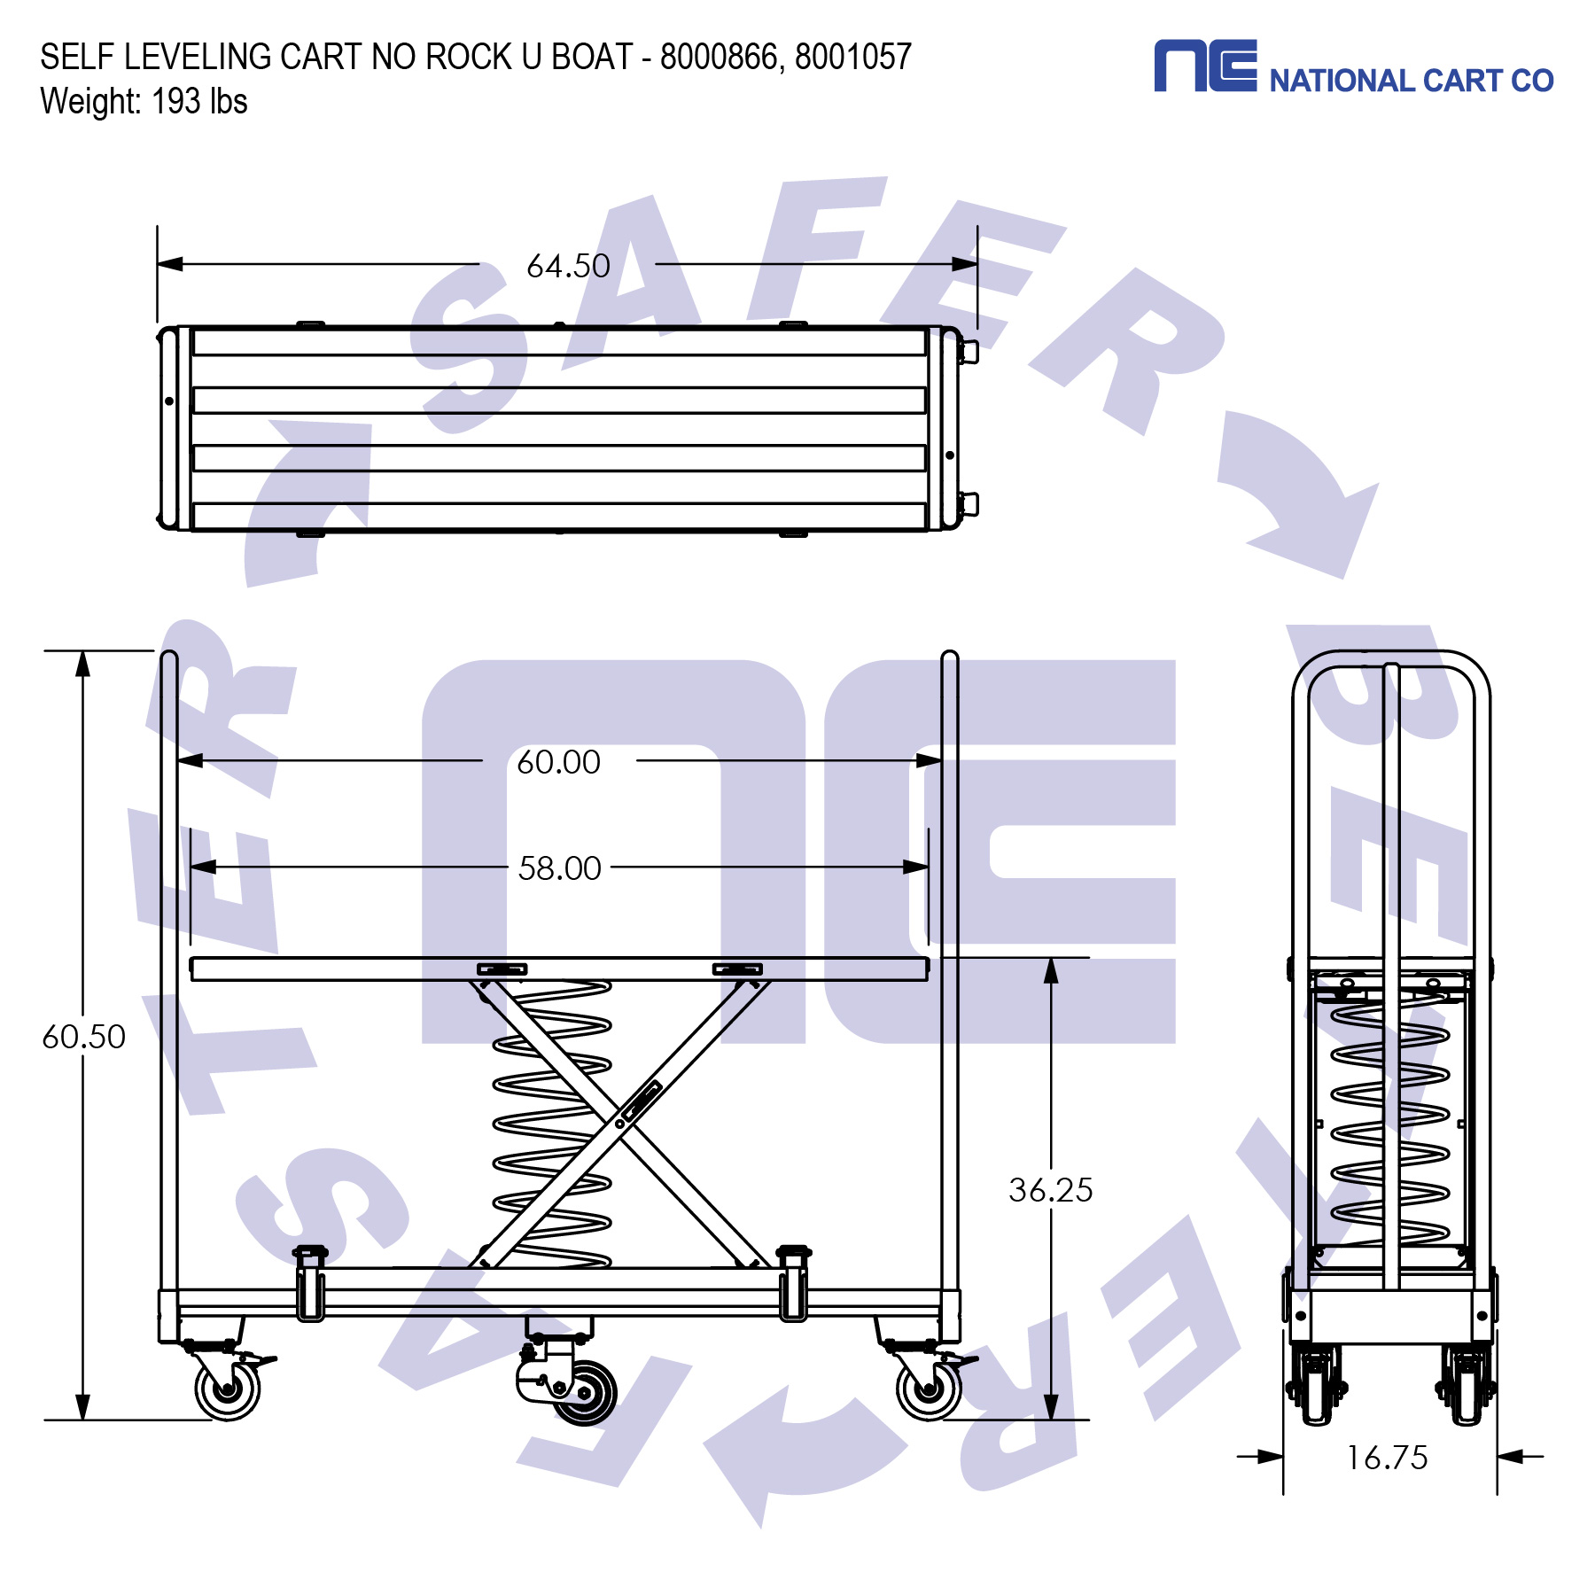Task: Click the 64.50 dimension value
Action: coord(568,266)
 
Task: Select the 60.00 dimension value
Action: coord(558,762)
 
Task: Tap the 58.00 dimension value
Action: coord(559,868)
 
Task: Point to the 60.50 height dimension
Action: coord(83,1037)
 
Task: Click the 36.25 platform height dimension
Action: coord(1050,1190)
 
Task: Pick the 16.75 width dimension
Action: coord(1387,1458)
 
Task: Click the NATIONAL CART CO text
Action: coord(1411,81)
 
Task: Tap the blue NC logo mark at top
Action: coord(1205,66)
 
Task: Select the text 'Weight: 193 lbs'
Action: coord(144,101)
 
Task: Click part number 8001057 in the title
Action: coord(852,57)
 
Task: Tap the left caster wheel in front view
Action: coord(228,1389)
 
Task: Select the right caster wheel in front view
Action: coord(929,1389)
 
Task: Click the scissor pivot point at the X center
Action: coord(619,1124)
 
